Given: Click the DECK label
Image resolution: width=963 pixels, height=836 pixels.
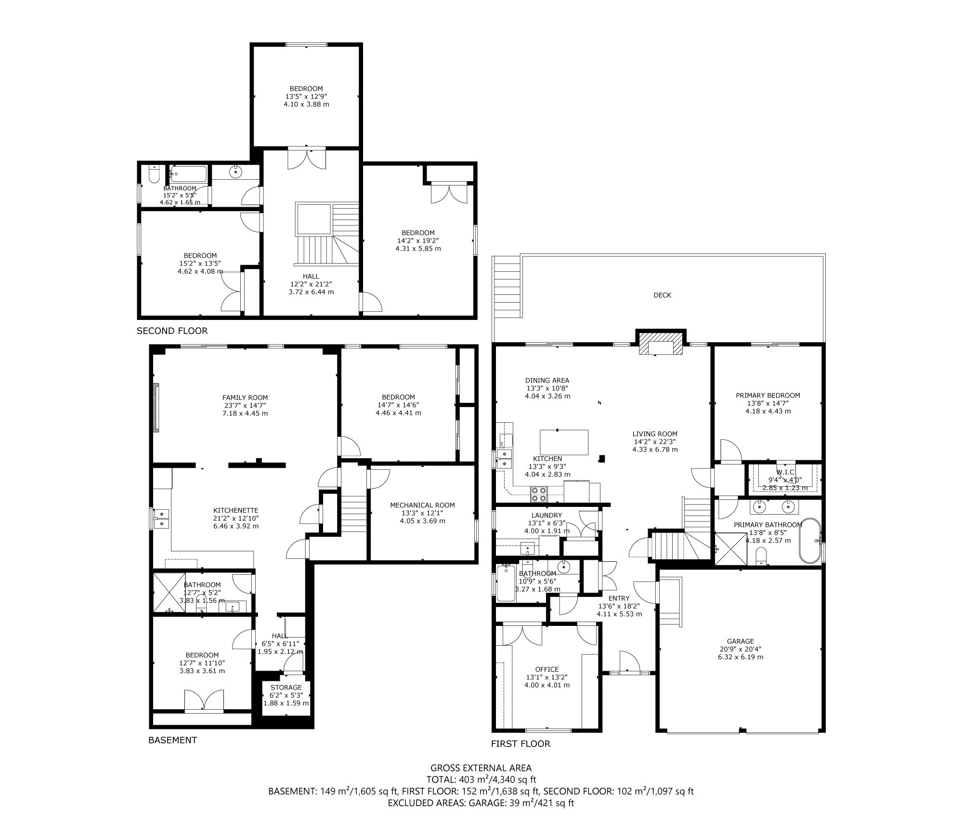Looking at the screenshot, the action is coord(662,295).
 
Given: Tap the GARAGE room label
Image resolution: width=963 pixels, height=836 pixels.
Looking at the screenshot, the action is coord(741,641).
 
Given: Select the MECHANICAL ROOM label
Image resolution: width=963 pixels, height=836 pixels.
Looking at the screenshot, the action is coord(422,505).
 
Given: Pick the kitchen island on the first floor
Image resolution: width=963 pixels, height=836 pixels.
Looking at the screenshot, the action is coord(564,442).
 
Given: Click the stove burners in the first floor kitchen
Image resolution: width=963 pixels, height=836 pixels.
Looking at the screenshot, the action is coord(539,493).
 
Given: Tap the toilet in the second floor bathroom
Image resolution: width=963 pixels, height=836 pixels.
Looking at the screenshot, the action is coord(154,174).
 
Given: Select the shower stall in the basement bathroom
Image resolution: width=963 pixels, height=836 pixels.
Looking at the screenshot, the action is coord(169,592).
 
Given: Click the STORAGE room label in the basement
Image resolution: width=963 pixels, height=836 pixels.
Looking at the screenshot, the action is coord(286,687).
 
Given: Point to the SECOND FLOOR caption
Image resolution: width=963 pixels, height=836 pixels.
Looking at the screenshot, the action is coord(172,331).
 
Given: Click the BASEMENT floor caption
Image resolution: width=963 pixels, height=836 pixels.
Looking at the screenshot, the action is coord(172,740).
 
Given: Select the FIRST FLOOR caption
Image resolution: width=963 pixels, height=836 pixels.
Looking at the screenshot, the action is coord(521,743).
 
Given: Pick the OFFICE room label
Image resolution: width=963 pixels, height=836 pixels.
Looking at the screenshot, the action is coord(547,669).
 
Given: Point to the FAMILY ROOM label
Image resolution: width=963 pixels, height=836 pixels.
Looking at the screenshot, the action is coord(245,398).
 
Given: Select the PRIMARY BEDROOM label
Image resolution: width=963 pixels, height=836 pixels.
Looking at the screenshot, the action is coord(768,395).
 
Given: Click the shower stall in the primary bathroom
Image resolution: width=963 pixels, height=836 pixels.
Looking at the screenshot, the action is coord(731,548).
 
